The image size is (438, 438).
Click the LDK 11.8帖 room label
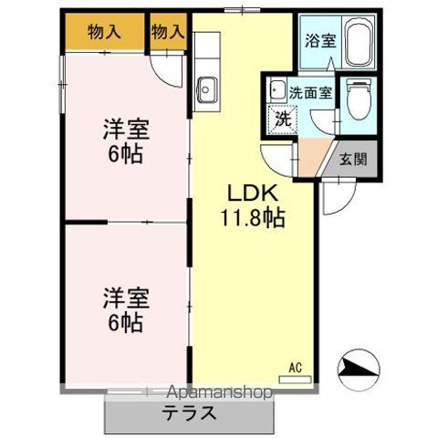[x=253, y=206]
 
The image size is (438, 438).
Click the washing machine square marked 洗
[x=283, y=117]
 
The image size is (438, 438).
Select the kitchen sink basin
[x=206, y=89]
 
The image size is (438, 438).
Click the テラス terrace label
[x=190, y=412]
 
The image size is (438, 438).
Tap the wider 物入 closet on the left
[x=103, y=32]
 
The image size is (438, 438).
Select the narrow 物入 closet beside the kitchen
[x=167, y=32]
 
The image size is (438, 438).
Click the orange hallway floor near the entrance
[x=313, y=158]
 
